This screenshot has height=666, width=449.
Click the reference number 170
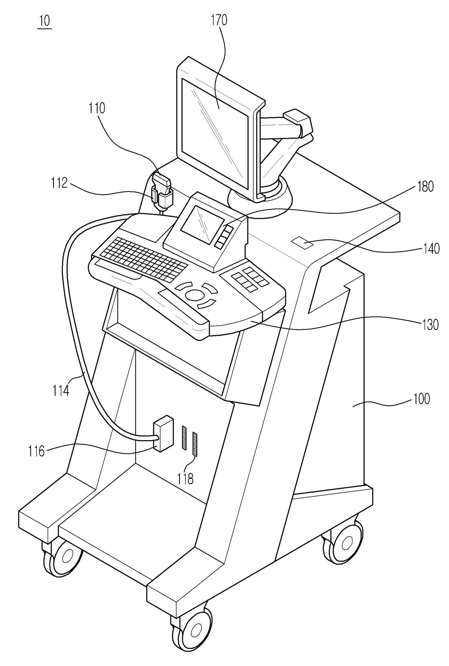pyautogui.click(x=219, y=20)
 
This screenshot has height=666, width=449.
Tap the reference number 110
pyautogui.click(x=97, y=108)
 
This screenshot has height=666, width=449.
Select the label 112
pyautogui.click(x=59, y=183)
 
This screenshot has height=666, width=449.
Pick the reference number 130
pyautogui.click(x=430, y=324)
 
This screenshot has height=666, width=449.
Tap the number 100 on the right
pyautogui.click(x=421, y=399)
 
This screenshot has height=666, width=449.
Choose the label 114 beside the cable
pyautogui.click(x=60, y=390)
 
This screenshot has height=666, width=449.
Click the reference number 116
pyautogui.click(x=37, y=451)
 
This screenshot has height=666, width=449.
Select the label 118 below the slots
pyautogui.click(x=185, y=479)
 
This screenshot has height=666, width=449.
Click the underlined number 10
pyautogui.click(x=45, y=21)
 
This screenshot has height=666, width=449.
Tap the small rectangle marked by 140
pyautogui.click(x=302, y=242)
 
